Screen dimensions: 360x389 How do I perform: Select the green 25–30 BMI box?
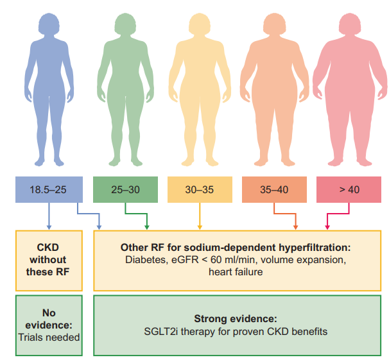[125, 190]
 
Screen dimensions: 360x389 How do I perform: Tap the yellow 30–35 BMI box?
[200, 190]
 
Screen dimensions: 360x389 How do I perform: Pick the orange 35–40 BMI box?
[275, 190]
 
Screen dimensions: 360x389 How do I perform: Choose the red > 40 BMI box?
[349, 190]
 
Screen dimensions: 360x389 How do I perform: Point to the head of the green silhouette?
[124, 23]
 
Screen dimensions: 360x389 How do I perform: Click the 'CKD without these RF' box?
[49, 260]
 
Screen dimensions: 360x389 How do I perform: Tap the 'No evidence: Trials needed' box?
[49, 325]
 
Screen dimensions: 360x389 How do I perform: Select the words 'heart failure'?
[236, 272]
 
